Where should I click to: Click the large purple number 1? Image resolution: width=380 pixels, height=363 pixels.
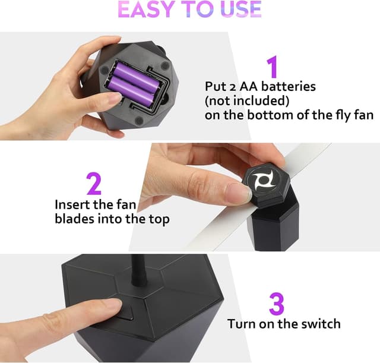[x=271, y=67]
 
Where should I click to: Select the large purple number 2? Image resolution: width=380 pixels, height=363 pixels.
[x=94, y=184]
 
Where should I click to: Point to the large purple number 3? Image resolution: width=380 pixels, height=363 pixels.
[x=276, y=303]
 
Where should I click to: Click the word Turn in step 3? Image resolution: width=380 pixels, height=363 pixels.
[x=242, y=324]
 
